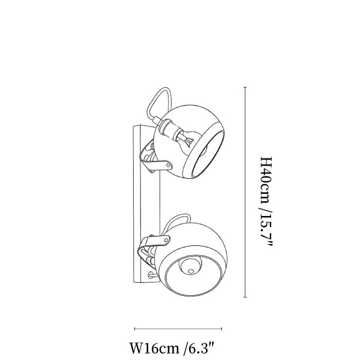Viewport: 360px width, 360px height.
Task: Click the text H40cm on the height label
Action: pyautogui.click(x=266, y=180)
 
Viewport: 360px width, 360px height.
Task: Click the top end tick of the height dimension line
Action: pyautogui.click(x=245, y=88)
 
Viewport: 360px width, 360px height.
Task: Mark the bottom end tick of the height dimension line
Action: pyautogui.click(x=245, y=297)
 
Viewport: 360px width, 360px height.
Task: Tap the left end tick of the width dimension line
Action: pyautogui.click(x=134, y=329)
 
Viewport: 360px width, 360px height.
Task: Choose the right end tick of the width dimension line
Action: pyautogui.click(x=221, y=329)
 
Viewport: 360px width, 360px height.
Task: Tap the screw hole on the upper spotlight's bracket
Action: pyautogui.click(x=169, y=166)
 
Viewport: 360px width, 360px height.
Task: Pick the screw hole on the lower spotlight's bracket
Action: pyautogui.click(x=166, y=239)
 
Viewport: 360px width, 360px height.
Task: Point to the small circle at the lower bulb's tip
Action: pyautogui.click(x=190, y=271)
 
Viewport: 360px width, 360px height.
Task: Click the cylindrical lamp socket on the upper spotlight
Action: pyautogui.click(x=170, y=129)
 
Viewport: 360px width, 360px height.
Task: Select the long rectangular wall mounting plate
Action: pyautogui.click(x=146, y=204)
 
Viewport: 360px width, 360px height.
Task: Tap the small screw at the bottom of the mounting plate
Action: pyautogui.click(x=151, y=275)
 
